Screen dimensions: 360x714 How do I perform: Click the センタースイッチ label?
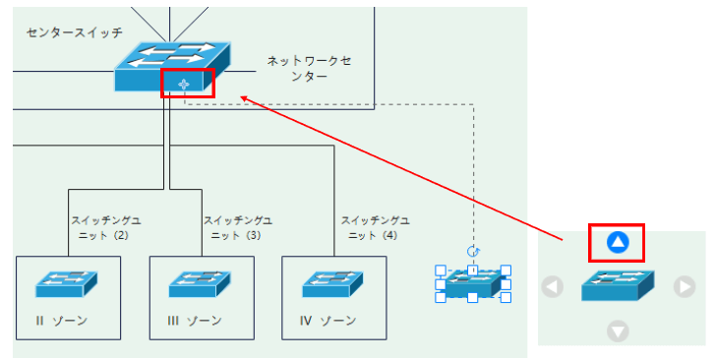75,32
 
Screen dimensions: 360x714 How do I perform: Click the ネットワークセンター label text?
309,68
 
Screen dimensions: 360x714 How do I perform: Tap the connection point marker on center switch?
183,85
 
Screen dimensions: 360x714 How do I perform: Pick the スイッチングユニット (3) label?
237,228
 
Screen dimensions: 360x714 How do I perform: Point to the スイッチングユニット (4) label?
375,228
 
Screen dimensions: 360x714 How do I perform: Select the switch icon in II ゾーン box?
68,282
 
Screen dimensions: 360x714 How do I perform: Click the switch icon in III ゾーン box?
201,282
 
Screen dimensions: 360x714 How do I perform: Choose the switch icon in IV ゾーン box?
333,282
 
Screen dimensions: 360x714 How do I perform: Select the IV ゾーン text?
327,321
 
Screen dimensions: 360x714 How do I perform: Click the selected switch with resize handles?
473,283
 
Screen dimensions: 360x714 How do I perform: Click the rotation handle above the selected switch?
473,252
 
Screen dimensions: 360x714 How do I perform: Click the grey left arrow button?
553,287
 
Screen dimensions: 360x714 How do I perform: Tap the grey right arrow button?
684,287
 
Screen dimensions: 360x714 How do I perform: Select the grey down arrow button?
618,331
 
